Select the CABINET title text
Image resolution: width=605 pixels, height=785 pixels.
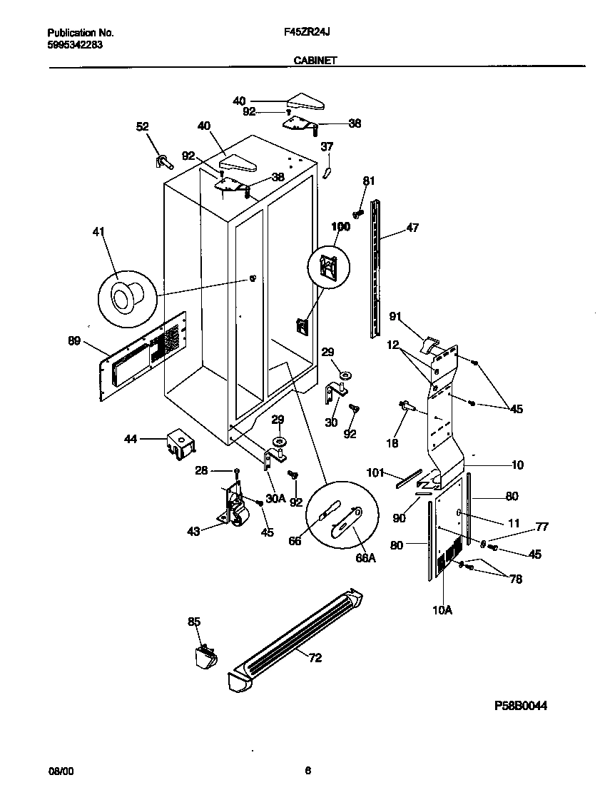(315, 61)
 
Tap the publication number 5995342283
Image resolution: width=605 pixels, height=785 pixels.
(75, 44)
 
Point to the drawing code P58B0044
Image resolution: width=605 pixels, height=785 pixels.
(521, 706)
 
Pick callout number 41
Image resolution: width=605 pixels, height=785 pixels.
(99, 231)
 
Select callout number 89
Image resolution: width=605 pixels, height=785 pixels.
(74, 342)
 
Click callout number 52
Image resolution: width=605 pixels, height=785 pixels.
(143, 126)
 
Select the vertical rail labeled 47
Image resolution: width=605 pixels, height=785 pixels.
(375, 271)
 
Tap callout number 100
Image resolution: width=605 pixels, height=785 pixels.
(341, 227)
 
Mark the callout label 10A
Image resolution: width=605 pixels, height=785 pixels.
(443, 609)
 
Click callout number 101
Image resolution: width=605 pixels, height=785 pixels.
(375, 472)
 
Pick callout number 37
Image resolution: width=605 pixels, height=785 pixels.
(327, 147)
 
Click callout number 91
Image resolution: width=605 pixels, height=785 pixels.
(397, 315)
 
